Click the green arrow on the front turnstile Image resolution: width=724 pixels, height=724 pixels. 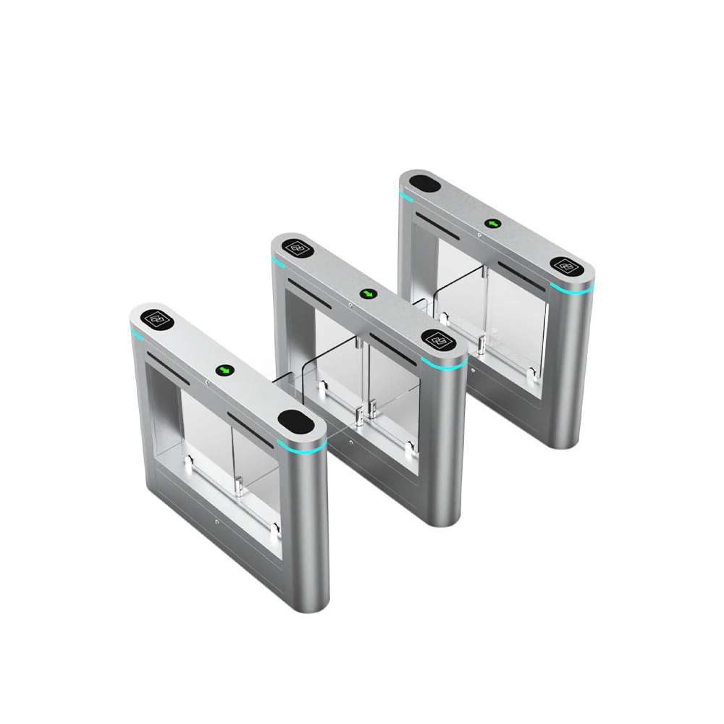226,370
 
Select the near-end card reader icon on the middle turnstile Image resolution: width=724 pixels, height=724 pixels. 437,337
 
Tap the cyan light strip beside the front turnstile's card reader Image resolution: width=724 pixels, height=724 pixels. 135,334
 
